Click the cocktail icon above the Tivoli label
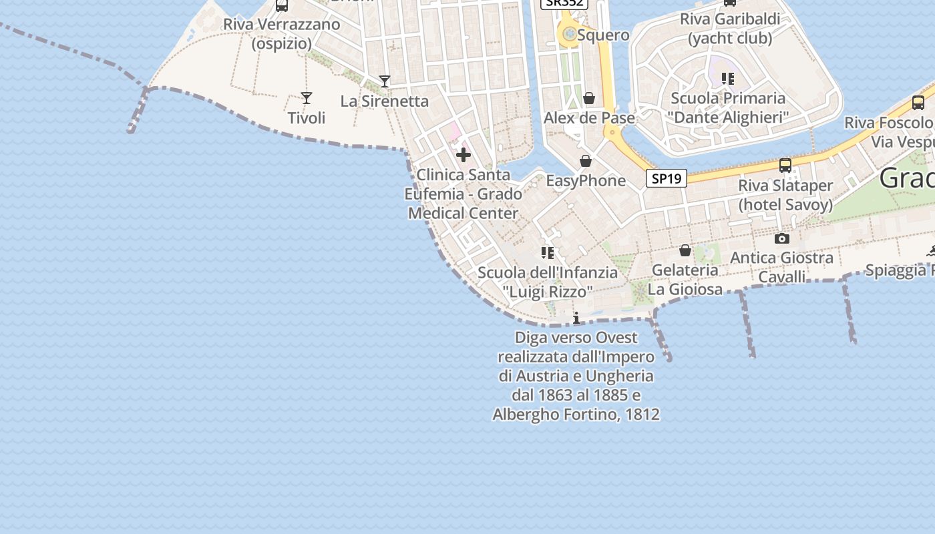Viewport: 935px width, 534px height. coord(307,98)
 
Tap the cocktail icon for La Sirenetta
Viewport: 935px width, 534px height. coord(385,81)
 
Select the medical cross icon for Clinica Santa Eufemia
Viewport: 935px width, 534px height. coord(463,156)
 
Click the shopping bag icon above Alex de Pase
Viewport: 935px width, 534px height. coord(589,99)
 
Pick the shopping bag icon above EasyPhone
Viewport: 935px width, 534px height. coord(586,161)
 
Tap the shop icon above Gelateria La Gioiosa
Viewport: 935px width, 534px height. coord(685,250)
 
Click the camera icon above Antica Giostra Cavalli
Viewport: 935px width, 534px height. coord(782,238)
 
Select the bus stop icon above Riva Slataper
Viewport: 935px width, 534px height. coord(785,165)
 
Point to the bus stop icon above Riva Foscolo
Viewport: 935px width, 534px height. coord(918,103)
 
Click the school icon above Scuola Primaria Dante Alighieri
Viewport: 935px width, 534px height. coord(728,79)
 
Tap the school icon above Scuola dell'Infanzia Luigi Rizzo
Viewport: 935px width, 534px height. coord(548,253)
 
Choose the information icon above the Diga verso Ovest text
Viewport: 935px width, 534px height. coord(576,318)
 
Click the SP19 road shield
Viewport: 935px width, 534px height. coord(667,178)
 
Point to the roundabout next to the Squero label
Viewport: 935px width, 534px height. coord(570,33)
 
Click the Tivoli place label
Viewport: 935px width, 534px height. coord(307,118)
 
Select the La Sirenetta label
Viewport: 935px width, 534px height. coord(385,101)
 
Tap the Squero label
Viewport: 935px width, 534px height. coord(603,35)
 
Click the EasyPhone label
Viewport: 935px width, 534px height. coord(586,181)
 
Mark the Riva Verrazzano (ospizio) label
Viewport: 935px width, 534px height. coord(282,34)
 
